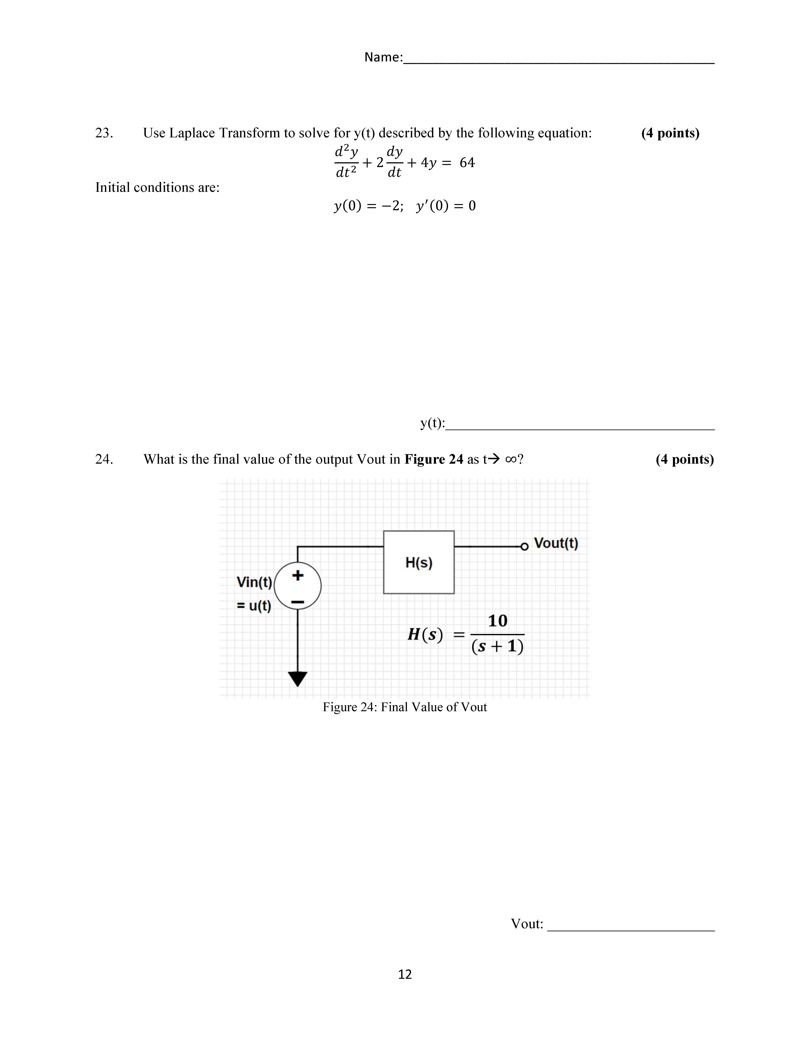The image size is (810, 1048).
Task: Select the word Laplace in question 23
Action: [x=192, y=133]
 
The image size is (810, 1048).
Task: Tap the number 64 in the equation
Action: [x=467, y=163]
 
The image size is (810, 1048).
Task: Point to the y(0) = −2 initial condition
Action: [x=368, y=206]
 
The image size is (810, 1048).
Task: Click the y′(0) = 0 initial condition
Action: [x=446, y=206]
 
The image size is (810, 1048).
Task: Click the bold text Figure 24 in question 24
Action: [x=434, y=459]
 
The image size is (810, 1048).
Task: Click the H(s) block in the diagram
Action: [x=418, y=562]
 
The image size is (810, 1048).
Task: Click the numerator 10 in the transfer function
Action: [x=498, y=621]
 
